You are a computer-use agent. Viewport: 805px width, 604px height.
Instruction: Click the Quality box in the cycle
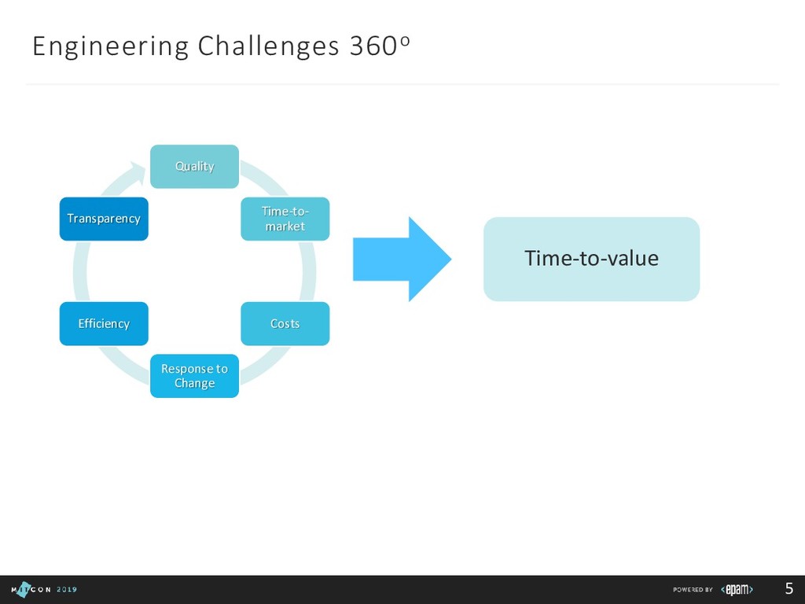(x=194, y=166)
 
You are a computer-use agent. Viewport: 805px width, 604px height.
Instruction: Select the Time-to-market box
(x=285, y=219)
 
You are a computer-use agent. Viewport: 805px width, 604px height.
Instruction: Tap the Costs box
(x=285, y=323)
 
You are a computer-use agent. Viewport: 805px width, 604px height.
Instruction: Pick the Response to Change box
(x=194, y=376)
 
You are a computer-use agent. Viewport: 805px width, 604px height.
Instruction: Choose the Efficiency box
(x=104, y=323)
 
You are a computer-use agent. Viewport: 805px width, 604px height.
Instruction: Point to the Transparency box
(x=104, y=219)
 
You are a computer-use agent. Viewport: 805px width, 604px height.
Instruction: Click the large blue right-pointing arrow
(x=402, y=259)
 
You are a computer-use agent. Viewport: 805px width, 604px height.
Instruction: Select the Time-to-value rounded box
(x=591, y=259)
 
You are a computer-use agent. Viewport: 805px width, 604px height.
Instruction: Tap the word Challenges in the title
(x=268, y=47)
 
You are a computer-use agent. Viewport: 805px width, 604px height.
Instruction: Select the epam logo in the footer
(x=737, y=590)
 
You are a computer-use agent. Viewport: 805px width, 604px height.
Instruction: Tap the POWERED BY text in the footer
(x=693, y=590)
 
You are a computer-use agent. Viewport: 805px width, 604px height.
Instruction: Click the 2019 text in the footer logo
(x=67, y=590)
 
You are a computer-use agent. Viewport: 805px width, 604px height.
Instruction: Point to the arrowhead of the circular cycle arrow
(x=142, y=166)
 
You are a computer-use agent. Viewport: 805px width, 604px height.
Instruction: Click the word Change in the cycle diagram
(x=194, y=384)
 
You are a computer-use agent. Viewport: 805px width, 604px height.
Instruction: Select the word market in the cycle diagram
(x=285, y=226)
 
